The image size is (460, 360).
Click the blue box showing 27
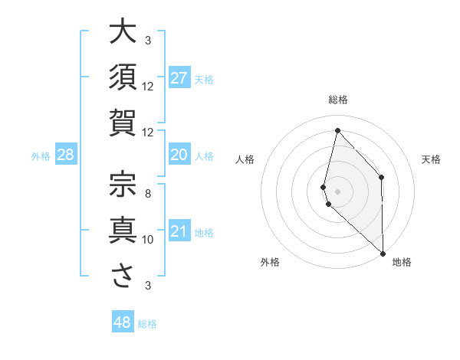179,77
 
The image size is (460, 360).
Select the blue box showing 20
179,155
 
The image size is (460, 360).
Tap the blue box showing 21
179,231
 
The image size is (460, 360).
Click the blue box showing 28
66,155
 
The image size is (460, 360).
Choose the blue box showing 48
123,322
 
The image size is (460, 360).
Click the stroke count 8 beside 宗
148,193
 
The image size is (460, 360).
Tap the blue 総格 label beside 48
147,324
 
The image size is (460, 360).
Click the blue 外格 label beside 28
41,156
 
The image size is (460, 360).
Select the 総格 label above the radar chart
338,100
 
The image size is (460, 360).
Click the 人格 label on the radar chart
245,159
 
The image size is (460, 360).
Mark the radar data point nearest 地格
383,254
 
